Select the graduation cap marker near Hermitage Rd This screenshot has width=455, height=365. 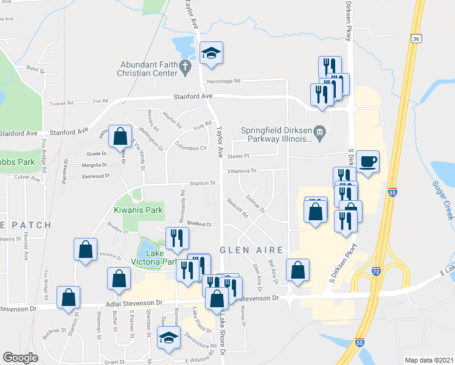click(211, 54)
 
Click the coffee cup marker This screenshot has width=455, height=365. click(367, 162)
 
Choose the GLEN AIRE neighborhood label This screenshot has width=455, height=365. click(251, 250)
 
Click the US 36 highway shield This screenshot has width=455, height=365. click(415, 38)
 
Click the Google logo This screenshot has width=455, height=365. click(20, 358)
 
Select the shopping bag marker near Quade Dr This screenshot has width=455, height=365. click(120, 137)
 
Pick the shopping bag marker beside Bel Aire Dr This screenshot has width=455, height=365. click(297, 271)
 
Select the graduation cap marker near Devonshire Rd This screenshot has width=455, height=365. click(169, 338)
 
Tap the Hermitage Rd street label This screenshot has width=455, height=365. click(224, 81)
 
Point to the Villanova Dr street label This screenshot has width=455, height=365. click(241, 171)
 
